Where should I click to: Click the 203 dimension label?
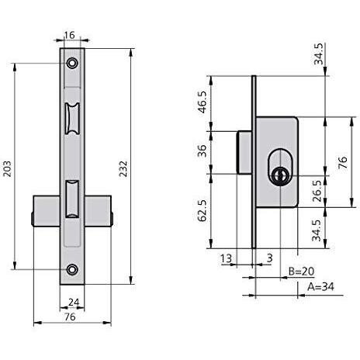(x=7, y=169)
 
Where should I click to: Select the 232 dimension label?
(x=123, y=169)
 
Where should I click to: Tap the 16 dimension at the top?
(x=69, y=35)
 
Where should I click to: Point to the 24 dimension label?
(x=74, y=302)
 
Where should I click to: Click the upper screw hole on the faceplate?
(x=72, y=63)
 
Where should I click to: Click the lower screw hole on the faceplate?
(x=72, y=269)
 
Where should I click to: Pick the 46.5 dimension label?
(x=202, y=102)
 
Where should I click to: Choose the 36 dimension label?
(x=202, y=151)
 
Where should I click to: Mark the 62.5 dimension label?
(x=202, y=210)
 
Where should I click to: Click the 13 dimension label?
(x=226, y=258)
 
